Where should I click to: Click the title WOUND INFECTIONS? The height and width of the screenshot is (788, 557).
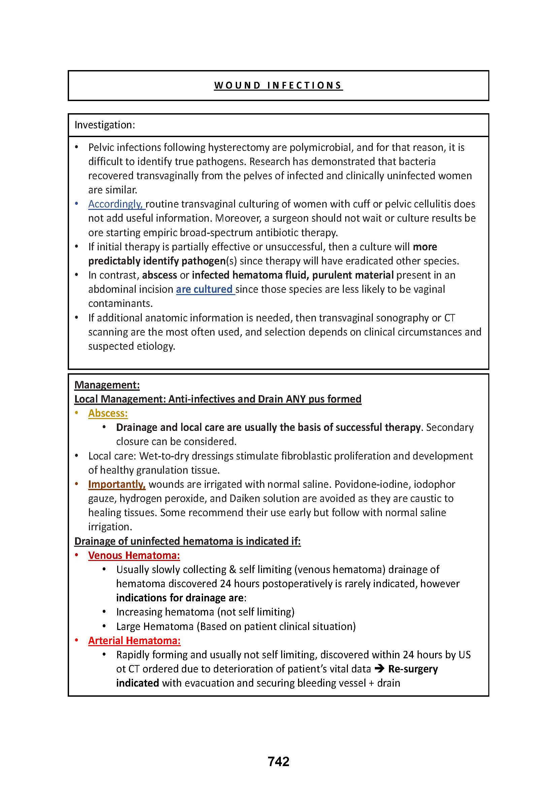pyautogui.click(x=278, y=85)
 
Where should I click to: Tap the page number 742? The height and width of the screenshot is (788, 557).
pyautogui.click(x=278, y=761)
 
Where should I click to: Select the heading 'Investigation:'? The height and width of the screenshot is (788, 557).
pyautogui.click(x=105, y=125)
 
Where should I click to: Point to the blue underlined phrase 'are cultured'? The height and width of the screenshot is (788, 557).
pyautogui.click(x=204, y=289)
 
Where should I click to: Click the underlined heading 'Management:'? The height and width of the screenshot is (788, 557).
pyautogui.click(x=107, y=385)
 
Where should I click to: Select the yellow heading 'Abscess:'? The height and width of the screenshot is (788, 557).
pyautogui.click(x=108, y=413)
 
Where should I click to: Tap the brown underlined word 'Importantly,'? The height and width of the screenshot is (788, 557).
pyautogui.click(x=117, y=484)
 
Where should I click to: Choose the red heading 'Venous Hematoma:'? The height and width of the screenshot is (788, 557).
pyautogui.click(x=134, y=555)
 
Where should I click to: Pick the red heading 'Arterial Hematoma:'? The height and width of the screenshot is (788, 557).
pyautogui.click(x=134, y=640)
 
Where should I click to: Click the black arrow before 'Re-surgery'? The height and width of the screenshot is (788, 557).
pyautogui.click(x=379, y=668)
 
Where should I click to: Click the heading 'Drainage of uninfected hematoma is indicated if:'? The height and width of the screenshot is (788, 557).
pyautogui.click(x=187, y=541)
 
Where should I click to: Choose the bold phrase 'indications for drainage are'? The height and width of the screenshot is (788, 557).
pyautogui.click(x=180, y=598)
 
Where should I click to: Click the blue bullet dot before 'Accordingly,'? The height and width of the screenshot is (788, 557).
pyautogui.click(x=76, y=204)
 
